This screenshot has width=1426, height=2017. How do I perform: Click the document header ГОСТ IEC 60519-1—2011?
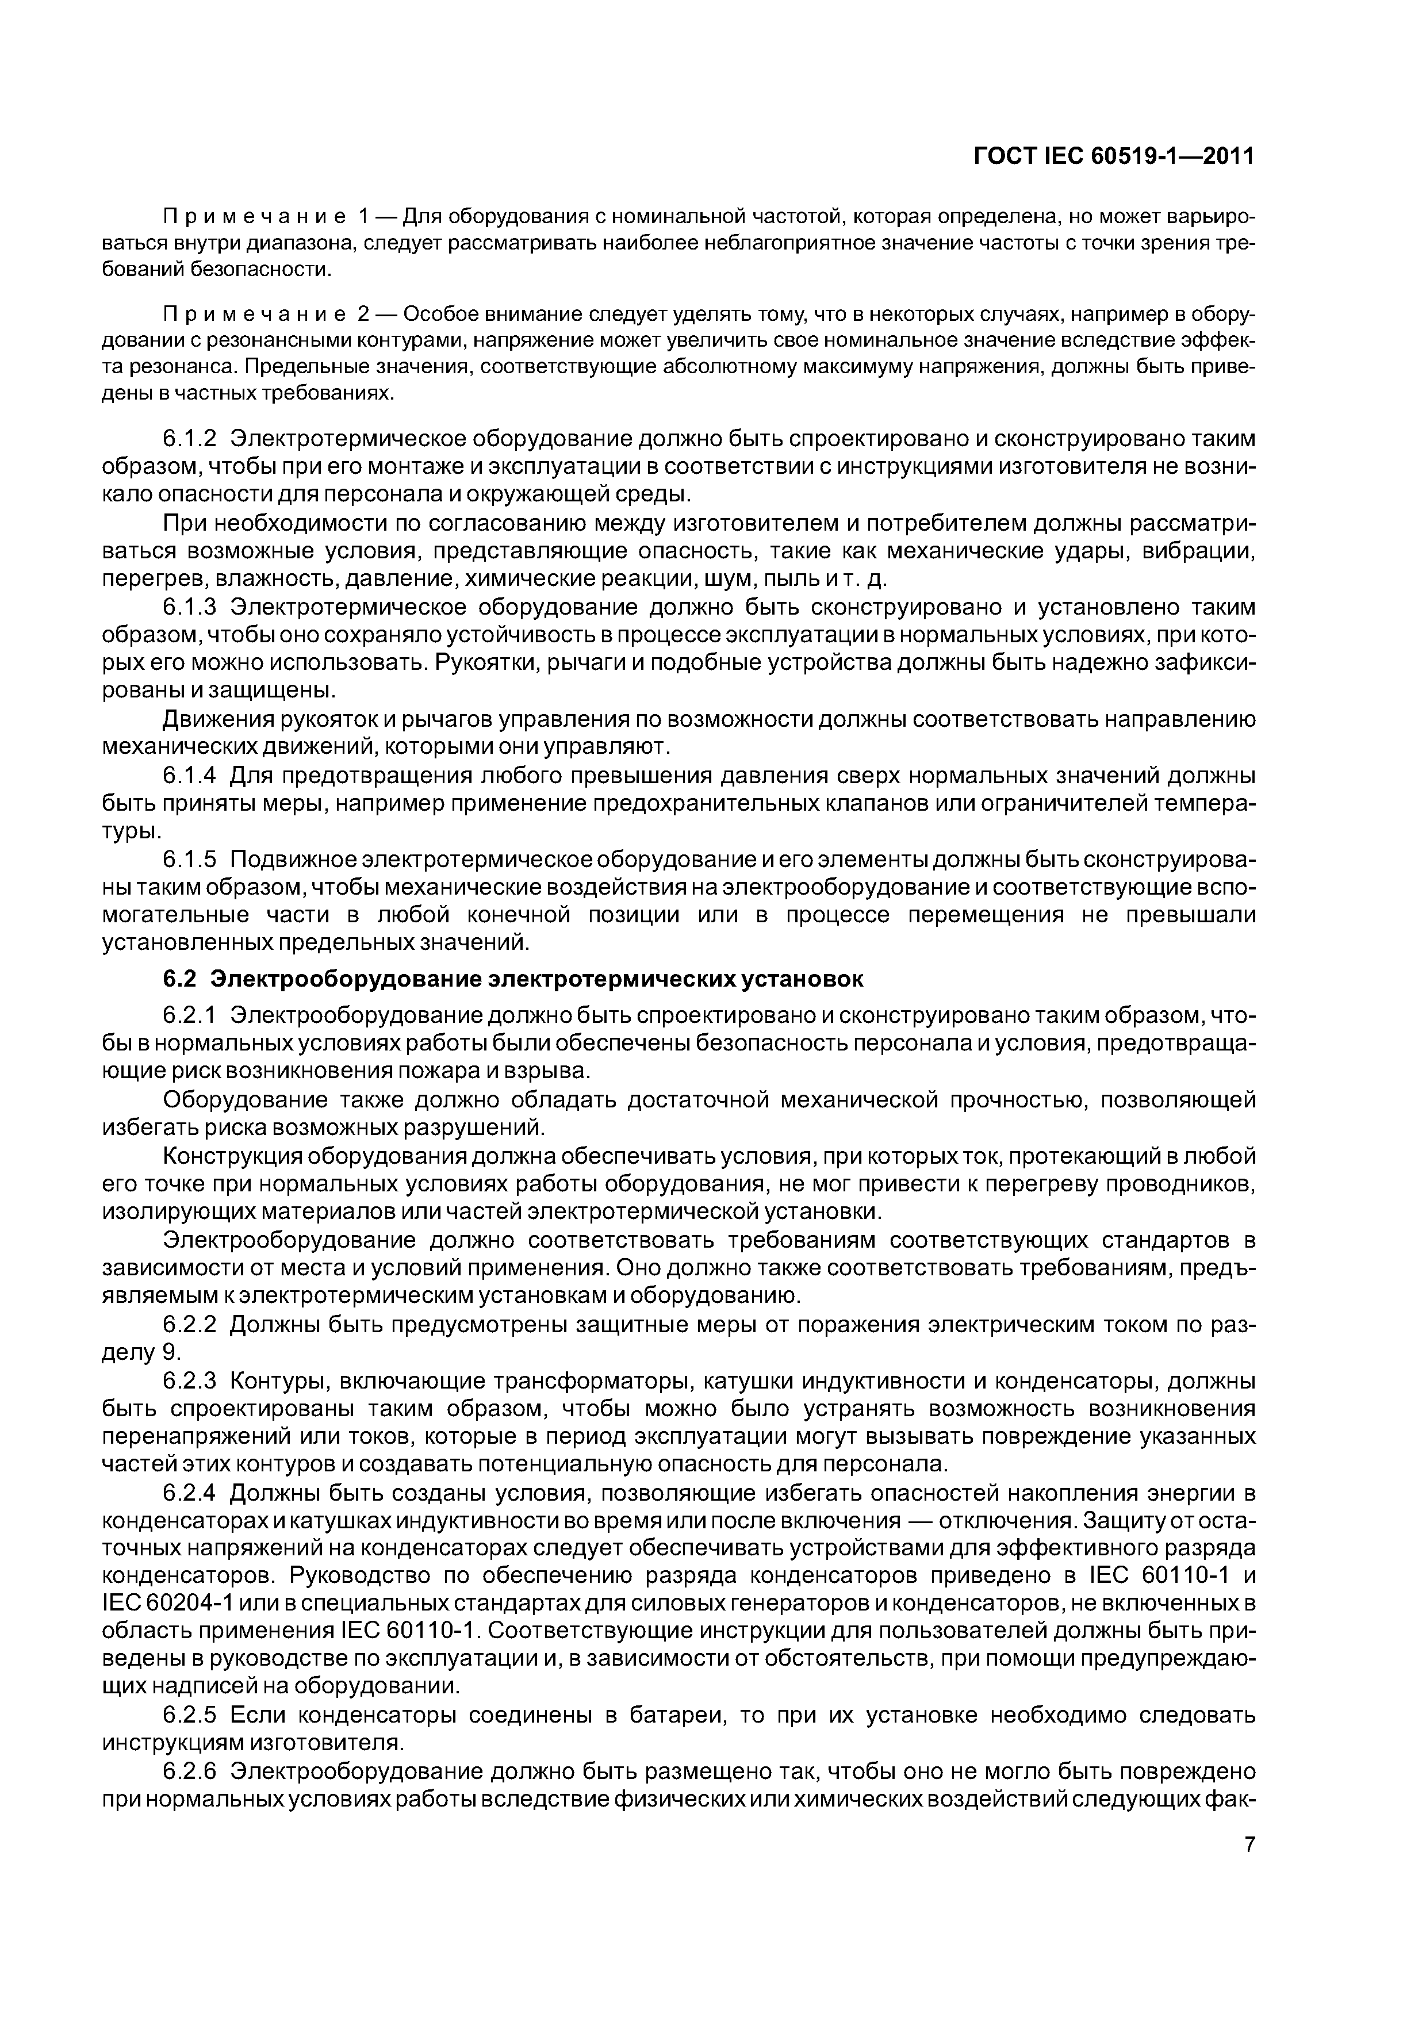1115,156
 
